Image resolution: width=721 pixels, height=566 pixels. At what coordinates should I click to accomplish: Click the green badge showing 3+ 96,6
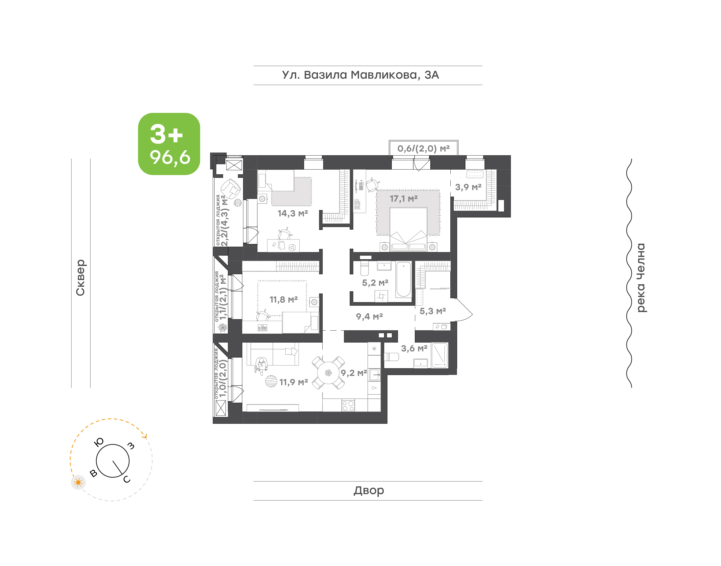coord(169,144)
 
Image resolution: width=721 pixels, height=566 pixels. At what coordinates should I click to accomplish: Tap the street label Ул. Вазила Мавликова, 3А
coord(360,75)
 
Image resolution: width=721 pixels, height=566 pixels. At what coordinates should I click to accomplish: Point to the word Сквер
coord(80,277)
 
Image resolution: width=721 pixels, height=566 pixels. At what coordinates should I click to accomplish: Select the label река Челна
coord(641,278)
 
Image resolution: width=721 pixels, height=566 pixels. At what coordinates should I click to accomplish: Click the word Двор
coord(369,490)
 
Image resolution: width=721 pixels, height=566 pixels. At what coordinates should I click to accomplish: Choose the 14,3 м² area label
coord(293,213)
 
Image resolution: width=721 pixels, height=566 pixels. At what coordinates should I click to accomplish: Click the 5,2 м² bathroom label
coord(375,283)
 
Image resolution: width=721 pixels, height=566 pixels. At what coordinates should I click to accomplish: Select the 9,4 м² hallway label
coord(369,317)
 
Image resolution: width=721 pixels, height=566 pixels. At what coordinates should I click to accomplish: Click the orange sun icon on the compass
coord(78,483)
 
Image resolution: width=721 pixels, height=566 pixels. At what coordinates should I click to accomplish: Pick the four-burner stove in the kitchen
coord(348,405)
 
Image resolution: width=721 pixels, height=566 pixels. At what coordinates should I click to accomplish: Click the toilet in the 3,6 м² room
coord(391,357)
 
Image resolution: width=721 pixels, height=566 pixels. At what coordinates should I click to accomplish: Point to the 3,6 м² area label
coord(414,348)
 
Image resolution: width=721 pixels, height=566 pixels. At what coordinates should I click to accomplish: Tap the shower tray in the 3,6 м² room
coord(440,355)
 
